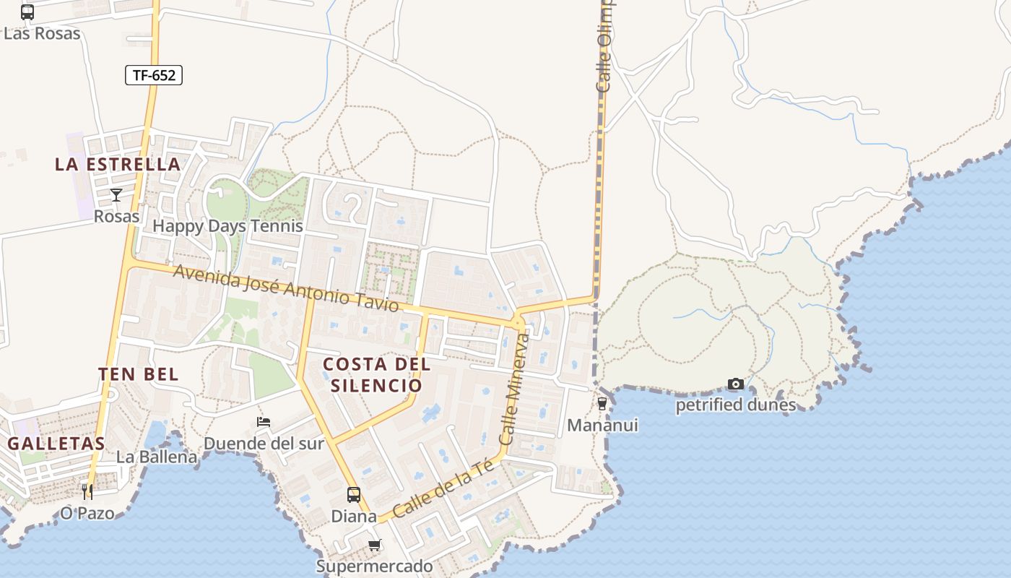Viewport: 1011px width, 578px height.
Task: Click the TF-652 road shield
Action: [154, 75]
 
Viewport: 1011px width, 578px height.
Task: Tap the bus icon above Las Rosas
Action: [27, 12]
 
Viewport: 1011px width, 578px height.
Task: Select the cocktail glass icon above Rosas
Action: [116, 194]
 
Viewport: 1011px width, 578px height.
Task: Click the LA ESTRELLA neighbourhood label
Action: [118, 165]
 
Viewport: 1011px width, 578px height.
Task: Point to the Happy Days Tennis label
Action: [227, 226]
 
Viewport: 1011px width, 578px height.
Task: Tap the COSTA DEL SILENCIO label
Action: [376, 374]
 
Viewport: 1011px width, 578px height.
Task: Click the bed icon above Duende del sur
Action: [264, 422]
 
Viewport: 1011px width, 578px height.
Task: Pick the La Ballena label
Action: [157, 457]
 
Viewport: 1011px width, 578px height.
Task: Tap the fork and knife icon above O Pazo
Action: [87, 492]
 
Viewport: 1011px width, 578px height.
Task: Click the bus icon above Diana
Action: [354, 495]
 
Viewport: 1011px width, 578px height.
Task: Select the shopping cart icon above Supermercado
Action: [374, 545]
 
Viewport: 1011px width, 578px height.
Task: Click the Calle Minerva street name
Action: [514, 389]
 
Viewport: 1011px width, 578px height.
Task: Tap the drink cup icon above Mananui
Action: [602, 404]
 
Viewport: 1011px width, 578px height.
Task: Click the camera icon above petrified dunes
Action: [735, 384]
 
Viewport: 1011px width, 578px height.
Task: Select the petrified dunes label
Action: [735, 405]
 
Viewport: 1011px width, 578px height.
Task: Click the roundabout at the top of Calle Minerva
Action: [518, 322]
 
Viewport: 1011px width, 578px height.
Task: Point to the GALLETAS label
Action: [56, 444]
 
